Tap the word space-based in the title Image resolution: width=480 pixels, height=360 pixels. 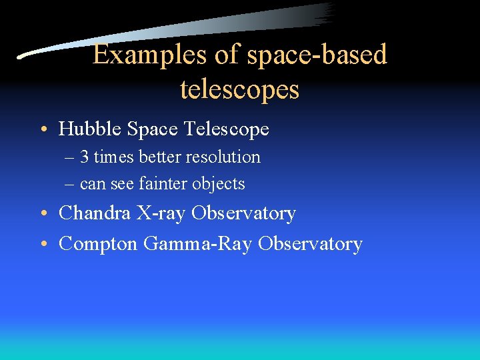click(317, 55)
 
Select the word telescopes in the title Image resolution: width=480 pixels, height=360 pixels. click(239, 88)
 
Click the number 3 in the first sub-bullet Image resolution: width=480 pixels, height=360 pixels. click(85, 157)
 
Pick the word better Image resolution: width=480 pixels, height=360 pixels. click(161, 157)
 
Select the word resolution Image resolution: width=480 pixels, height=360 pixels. click(223, 157)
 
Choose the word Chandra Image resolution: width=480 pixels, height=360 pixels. click(95, 213)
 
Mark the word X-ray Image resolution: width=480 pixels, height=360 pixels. click(162, 213)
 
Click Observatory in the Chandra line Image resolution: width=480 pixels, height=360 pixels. click(243, 213)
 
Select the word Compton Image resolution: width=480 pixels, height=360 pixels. click(99, 244)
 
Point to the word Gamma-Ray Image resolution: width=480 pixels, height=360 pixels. click(198, 244)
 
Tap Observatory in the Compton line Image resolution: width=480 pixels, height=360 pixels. click(310, 244)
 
